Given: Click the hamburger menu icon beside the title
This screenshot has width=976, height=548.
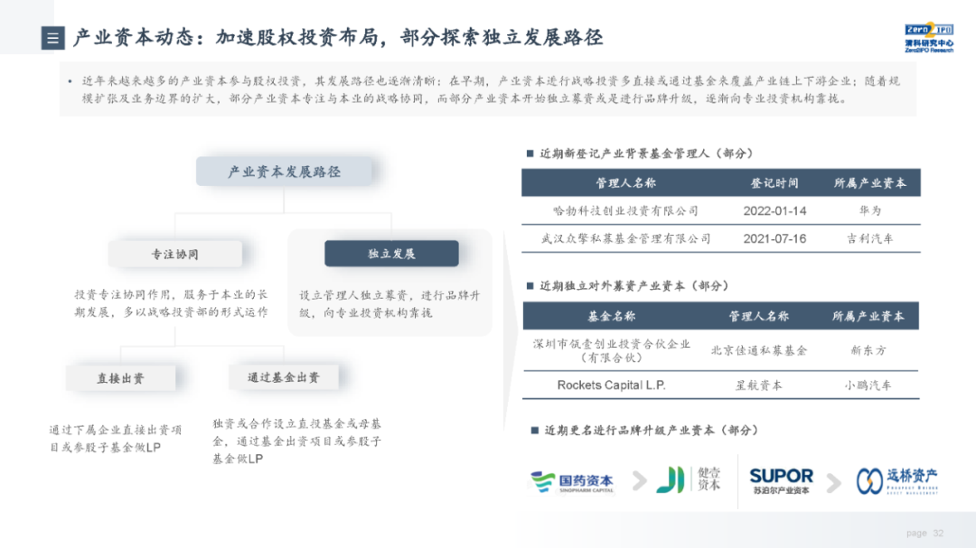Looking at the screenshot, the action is pos(53,38).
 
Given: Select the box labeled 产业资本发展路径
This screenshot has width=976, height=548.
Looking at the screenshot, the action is pos(284,172).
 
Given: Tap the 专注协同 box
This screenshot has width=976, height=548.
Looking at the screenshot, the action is pos(174,255).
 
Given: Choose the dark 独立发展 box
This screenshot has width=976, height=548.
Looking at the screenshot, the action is pos(391,254).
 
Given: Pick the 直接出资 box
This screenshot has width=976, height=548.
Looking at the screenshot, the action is pos(120,378).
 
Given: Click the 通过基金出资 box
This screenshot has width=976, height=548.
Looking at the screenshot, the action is pos(283,377).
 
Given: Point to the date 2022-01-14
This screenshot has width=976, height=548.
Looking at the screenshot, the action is pos(774,211).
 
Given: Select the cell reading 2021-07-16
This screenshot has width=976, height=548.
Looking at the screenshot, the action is pos(774,239).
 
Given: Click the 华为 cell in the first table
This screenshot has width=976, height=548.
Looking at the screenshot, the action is pos(869,211).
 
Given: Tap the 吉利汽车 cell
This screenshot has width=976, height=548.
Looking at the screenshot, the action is pos(869,239).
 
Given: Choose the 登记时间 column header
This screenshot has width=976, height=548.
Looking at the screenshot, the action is pos(774,182).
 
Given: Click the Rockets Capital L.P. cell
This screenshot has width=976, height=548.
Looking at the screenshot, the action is pos(611,385).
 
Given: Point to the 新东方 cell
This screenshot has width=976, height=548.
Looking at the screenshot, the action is pos(868,350).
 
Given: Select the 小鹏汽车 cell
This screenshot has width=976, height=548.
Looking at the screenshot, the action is pos(868,385).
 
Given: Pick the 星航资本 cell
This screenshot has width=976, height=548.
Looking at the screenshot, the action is pos(759,385).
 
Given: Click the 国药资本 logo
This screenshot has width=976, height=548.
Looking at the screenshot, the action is pos(572,482).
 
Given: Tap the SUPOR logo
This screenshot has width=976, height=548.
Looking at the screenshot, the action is pos(781,479).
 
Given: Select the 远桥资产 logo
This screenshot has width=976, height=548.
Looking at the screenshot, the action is pos(897,480).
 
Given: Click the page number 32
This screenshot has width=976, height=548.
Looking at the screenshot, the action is pos(938,533).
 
